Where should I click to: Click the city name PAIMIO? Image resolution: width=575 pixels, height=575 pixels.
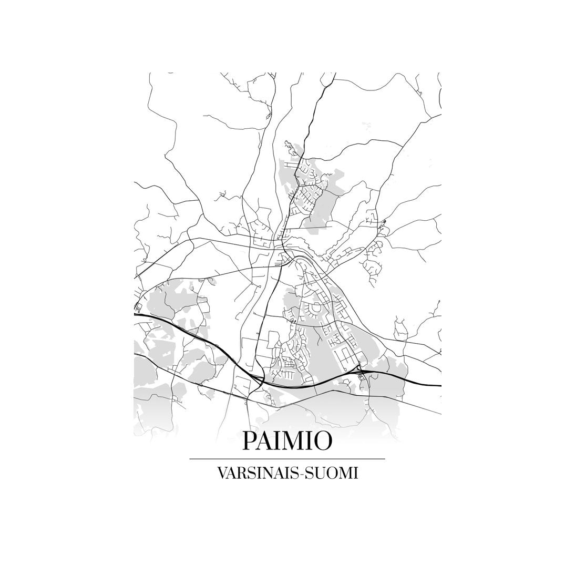coord(287,441)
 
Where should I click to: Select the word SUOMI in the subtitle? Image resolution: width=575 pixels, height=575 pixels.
coord(332,473)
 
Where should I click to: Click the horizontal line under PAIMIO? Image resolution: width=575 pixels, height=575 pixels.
coord(287,459)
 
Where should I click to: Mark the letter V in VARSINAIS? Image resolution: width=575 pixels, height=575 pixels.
coord(221,473)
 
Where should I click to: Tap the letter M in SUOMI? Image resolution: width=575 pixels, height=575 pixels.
coord(347,473)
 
